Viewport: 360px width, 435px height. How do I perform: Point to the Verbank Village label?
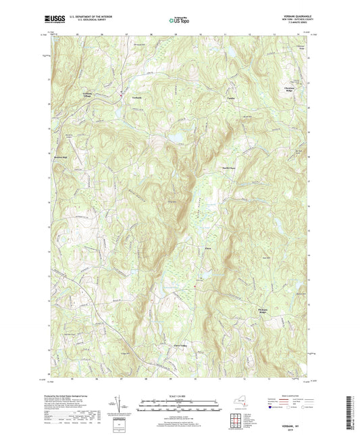click(x=82, y=95)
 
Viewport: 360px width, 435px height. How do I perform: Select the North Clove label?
click(x=230, y=168)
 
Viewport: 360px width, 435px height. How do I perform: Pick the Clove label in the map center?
click(x=209, y=249)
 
